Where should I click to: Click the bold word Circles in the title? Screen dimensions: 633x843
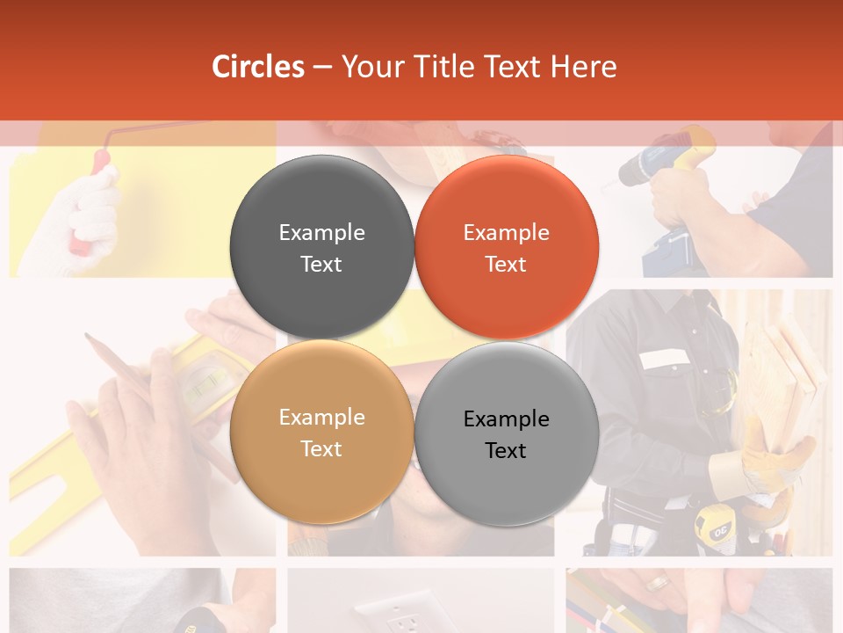click(x=258, y=67)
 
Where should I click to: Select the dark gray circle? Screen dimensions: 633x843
click(x=321, y=247)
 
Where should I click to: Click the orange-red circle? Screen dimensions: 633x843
click(x=507, y=247)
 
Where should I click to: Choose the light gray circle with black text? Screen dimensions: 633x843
click(x=507, y=433)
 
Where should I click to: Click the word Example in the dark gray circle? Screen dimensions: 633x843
click(x=321, y=232)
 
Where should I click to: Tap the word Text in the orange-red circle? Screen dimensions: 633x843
click(x=506, y=264)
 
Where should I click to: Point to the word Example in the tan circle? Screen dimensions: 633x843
click(x=321, y=417)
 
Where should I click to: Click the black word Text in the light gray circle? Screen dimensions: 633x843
click(x=506, y=450)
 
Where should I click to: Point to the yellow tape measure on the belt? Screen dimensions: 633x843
click(x=713, y=527)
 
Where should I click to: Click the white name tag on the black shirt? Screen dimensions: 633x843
click(x=665, y=358)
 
